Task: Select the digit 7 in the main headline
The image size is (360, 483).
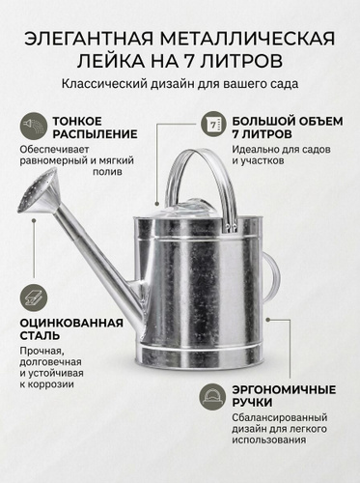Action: [x=189, y=61]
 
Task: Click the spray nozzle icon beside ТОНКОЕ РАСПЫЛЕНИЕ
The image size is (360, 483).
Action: [x=34, y=125]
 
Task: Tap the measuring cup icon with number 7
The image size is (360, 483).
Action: [x=213, y=125]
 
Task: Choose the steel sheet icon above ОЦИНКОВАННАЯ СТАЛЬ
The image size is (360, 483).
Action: [x=34, y=297]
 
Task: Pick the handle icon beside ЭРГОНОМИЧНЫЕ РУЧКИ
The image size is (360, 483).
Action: [x=212, y=396]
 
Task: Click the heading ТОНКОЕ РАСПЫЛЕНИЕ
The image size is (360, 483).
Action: [x=95, y=128]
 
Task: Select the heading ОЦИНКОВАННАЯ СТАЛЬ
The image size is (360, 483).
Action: [x=71, y=329]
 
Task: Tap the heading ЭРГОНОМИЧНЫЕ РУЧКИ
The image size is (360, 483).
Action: [x=284, y=396]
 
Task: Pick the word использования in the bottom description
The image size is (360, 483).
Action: [x=269, y=440]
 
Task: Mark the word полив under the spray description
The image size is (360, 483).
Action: [x=107, y=171]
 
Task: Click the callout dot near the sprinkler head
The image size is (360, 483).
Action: [x=34, y=220]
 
